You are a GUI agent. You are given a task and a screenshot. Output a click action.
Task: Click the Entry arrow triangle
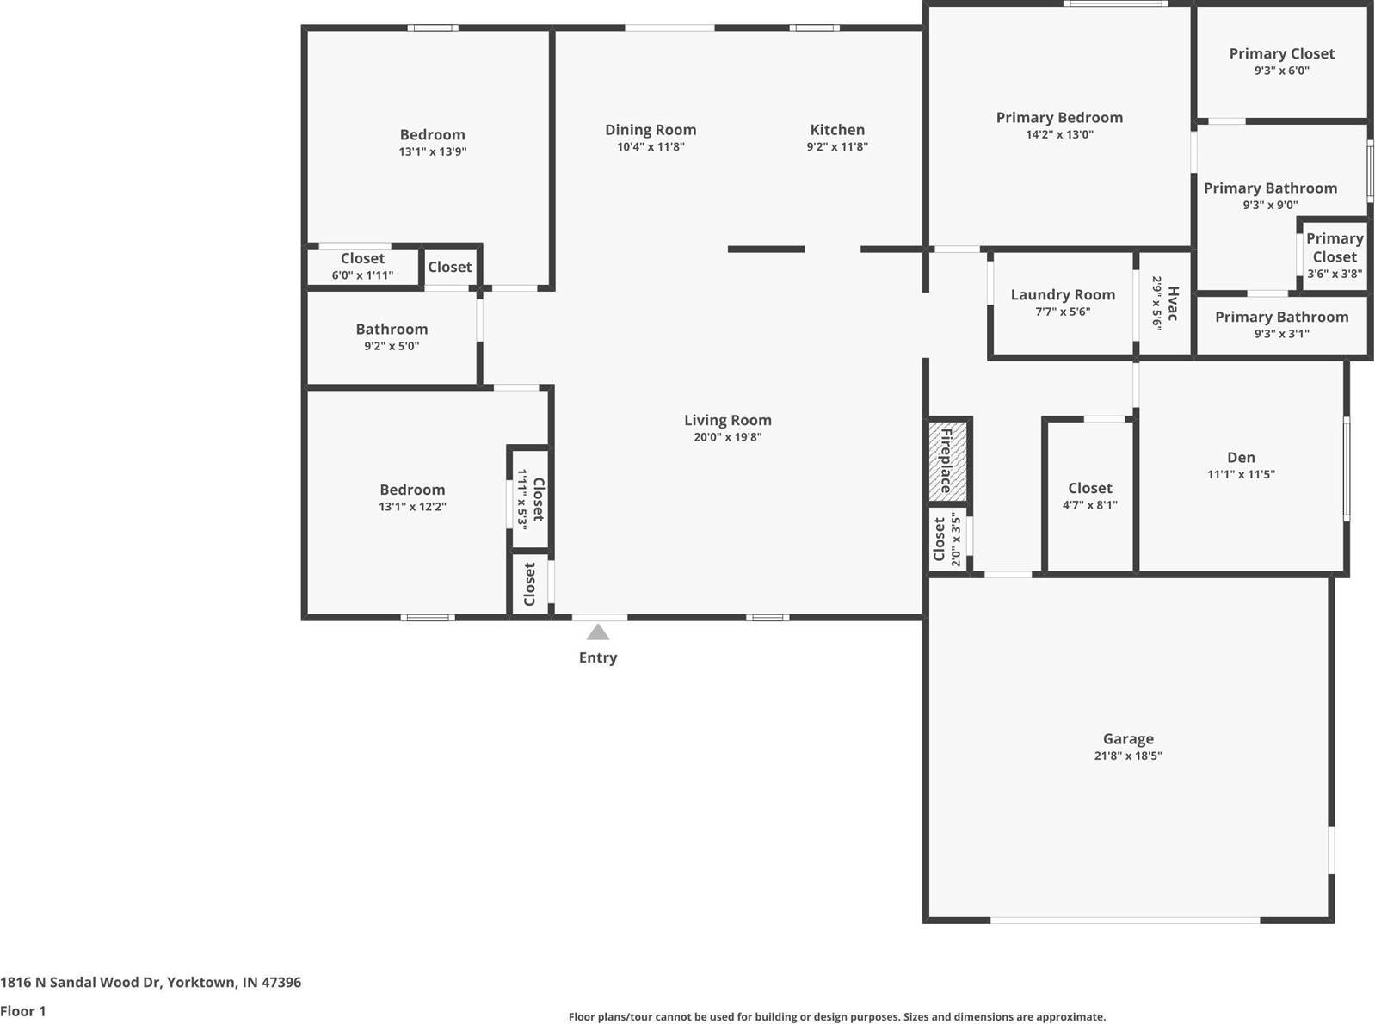[598, 632]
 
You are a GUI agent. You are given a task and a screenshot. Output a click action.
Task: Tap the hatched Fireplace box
[946, 460]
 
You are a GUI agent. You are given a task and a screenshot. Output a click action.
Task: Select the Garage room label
[1128, 738]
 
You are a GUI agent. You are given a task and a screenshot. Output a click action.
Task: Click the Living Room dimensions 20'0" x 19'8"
[728, 437]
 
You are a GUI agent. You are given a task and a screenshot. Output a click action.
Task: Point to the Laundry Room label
[1063, 294]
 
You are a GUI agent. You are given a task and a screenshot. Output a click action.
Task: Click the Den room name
[1241, 457]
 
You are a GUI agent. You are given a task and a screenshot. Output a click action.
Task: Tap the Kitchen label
[837, 130]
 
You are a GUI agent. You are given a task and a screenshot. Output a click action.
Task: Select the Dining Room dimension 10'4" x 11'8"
[651, 147]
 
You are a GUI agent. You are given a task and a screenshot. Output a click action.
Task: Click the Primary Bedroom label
[1059, 118]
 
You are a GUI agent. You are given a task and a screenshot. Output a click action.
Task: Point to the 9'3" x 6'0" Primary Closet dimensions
[1281, 71]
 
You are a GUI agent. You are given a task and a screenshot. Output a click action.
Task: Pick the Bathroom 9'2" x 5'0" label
[392, 330]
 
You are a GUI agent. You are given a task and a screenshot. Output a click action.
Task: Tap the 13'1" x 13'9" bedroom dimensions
[432, 151]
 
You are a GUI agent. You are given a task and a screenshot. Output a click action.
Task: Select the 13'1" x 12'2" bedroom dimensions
[412, 507]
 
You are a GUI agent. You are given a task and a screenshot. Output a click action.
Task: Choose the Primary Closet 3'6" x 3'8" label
[1335, 248]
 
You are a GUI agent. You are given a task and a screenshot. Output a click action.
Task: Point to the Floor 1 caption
[23, 1011]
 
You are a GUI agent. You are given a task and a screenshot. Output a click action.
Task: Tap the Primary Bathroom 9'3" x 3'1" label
[1281, 317]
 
